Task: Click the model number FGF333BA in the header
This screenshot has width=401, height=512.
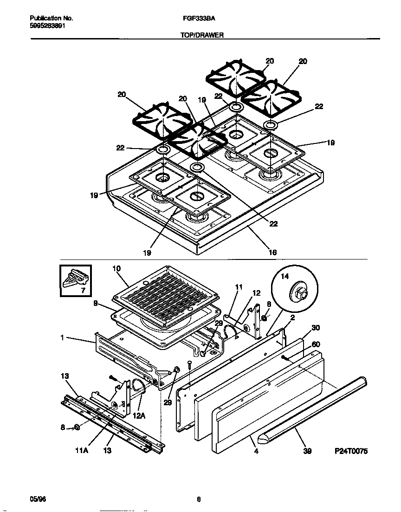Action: click(x=197, y=19)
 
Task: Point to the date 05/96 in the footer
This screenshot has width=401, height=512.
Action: click(x=38, y=499)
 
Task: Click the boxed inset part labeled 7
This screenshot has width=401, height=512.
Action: click(x=75, y=280)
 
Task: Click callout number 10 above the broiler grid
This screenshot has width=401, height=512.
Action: click(x=116, y=268)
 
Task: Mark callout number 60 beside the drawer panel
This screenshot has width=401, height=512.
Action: click(x=316, y=344)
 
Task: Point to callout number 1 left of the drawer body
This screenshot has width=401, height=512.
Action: click(x=62, y=338)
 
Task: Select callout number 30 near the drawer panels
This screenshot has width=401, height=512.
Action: click(x=316, y=328)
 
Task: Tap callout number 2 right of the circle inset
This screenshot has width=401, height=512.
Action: click(x=293, y=318)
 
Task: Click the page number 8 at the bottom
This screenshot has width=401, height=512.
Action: click(x=199, y=499)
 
